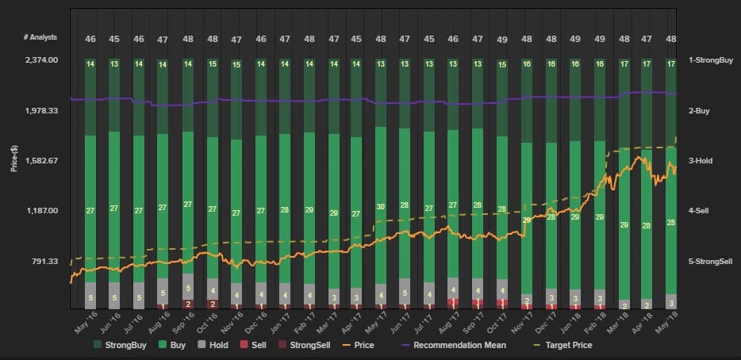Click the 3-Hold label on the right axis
pyautogui.click(x=701, y=161)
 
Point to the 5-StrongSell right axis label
pyautogui.click(x=710, y=261)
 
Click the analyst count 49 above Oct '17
pyautogui.click(x=501, y=39)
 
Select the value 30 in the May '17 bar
pyautogui.click(x=381, y=207)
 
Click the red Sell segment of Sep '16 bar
pyautogui.click(x=188, y=304)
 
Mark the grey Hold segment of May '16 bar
pyautogui.click(x=90, y=297)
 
